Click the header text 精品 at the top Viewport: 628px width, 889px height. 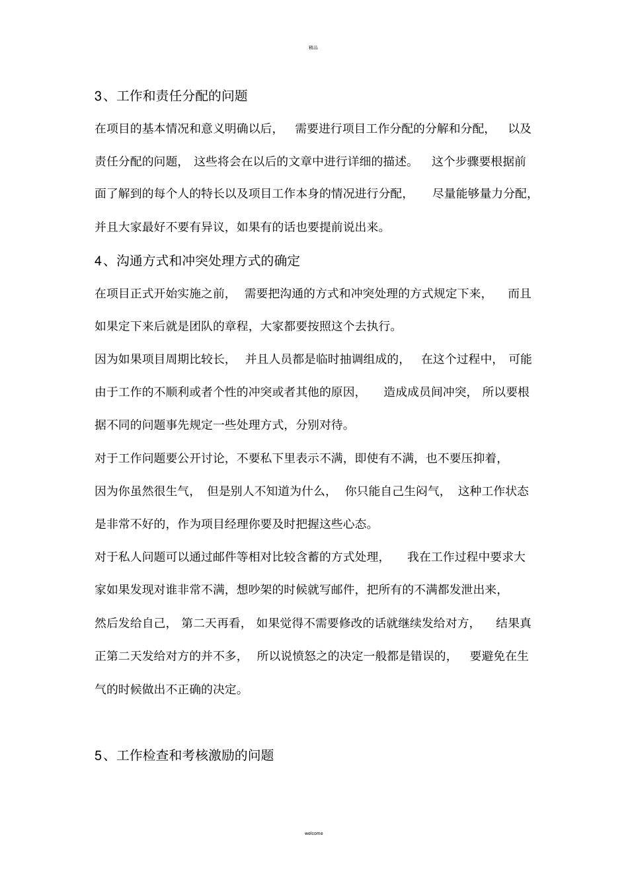point(313,48)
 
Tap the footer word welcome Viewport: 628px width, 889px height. point(314,833)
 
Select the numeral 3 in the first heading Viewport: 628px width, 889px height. point(98,97)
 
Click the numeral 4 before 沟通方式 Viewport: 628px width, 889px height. point(98,261)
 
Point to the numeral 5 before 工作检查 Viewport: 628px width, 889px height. point(98,755)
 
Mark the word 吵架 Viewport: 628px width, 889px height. point(256,590)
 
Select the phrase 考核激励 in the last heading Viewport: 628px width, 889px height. point(207,755)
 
